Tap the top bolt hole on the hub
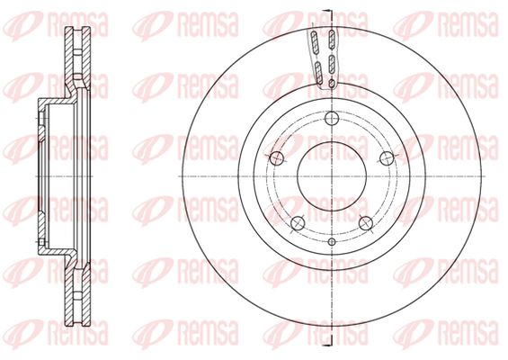332,118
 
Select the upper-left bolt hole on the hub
277,158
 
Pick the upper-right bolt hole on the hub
387,158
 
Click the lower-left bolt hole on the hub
298,223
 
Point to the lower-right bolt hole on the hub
366,223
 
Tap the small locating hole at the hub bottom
332,241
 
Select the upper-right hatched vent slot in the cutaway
332,40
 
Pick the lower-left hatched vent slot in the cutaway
318,73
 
